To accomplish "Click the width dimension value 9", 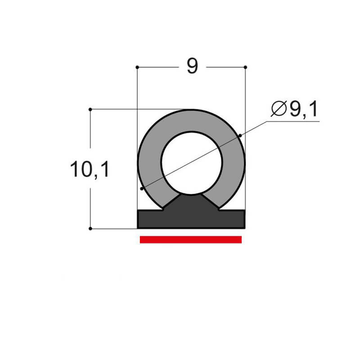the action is (192, 66).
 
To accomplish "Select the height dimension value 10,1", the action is (90, 170).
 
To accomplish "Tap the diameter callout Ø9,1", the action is (295, 109).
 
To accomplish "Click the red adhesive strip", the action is (191, 239).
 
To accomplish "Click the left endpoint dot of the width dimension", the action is (137, 67).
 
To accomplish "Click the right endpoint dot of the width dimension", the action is (245, 67).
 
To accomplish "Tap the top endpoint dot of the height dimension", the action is (90, 109).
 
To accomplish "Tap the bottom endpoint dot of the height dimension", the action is (90, 229).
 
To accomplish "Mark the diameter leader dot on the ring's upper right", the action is (240, 135).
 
